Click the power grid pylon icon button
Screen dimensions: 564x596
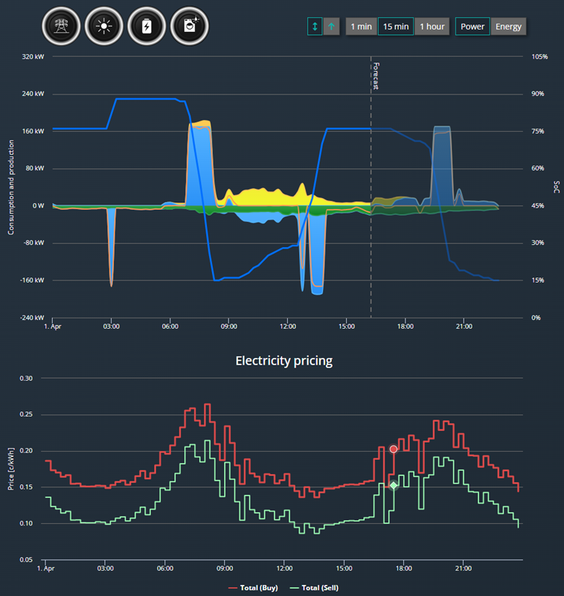(61, 26)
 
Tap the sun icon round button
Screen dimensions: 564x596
(103, 26)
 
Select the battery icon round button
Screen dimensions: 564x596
(147, 26)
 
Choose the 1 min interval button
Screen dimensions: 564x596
(361, 27)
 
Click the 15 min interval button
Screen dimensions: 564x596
(396, 27)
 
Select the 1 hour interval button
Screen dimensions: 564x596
(432, 27)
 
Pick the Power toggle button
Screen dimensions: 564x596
(472, 27)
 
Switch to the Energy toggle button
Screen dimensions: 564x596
(508, 27)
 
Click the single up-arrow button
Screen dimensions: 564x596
(331, 27)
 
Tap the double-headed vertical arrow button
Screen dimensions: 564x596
(315, 27)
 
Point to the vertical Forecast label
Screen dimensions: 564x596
(376, 76)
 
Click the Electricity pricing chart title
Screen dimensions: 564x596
(284, 360)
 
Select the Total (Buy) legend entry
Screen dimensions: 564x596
(253, 588)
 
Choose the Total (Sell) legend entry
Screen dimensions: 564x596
(314, 588)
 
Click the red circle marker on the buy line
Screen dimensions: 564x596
(394, 449)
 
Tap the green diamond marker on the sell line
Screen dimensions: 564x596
(394, 485)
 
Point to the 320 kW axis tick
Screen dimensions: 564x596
(33, 57)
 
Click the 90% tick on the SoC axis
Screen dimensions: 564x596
(538, 94)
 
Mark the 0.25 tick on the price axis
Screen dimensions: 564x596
(26, 414)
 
